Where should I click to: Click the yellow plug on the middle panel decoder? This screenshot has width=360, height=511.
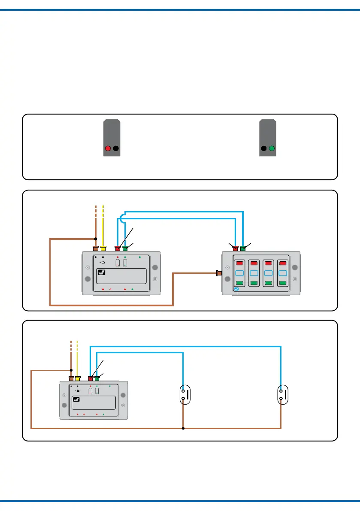(x=103, y=248)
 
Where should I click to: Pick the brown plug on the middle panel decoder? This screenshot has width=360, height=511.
(x=96, y=248)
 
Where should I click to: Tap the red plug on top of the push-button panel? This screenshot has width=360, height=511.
(x=235, y=248)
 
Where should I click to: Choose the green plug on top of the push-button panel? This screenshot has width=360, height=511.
(x=243, y=248)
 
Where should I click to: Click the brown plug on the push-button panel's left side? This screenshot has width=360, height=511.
(x=219, y=273)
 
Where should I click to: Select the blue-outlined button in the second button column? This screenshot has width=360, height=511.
(x=254, y=273)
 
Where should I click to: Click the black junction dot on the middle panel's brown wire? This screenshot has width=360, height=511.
(x=95, y=239)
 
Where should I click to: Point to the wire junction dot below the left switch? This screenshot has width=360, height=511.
(x=183, y=428)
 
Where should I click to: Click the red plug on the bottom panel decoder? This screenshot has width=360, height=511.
(x=90, y=378)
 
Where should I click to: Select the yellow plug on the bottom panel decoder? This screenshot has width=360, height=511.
(x=78, y=378)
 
